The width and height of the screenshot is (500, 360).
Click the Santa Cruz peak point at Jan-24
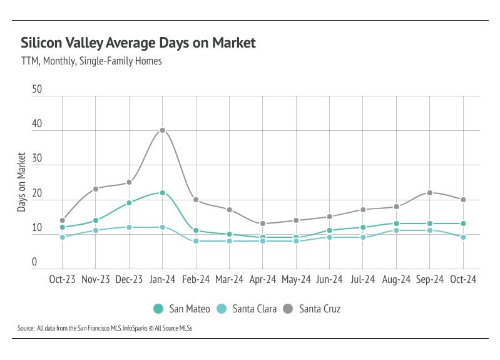coord(162,130)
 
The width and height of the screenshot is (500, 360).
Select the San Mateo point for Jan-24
coord(162,193)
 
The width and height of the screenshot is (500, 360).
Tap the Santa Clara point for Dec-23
coord(129,227)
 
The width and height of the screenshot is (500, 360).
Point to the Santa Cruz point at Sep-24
coord(430,192)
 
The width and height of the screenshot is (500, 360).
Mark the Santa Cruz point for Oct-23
coord(62,220)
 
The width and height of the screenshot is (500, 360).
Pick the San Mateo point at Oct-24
coord(463,224)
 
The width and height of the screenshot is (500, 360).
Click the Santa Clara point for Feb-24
coord(196,241)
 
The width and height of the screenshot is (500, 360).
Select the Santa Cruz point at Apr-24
coord(263,224)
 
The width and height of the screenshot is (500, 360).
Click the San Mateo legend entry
coord(181,309)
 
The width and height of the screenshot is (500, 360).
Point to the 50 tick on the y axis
coord(37,90)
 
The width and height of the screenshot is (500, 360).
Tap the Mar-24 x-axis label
coord(229,280)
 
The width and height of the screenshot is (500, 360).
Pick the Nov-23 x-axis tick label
coord(95,280)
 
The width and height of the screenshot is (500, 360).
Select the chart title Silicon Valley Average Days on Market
coord(138,43)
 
